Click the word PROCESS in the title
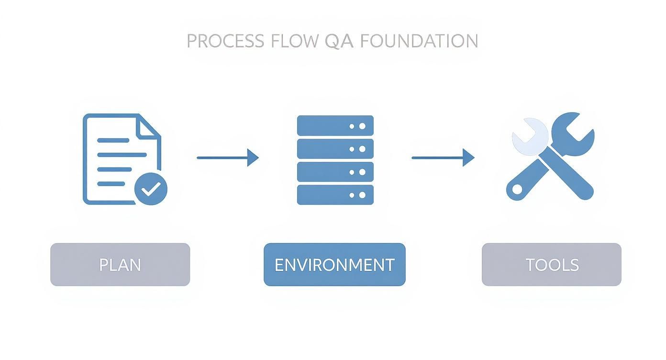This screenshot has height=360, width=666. click(225, 41)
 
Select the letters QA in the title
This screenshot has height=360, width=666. click(339, 41)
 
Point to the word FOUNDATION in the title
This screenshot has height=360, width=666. click(419, 41)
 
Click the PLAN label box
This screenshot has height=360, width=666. click(120, 265)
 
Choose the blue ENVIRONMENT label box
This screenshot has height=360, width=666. click(334, 265)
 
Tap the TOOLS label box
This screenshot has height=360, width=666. click(552, 265)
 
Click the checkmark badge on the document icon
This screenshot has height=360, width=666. click(151, 189)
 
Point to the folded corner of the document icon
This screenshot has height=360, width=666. click(149, 127)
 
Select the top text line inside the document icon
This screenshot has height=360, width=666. click(113, 141)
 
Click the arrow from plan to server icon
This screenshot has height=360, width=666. click(227, 157)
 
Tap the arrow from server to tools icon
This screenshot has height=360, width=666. click(443, 157)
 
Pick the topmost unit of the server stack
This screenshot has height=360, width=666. click(335, 126)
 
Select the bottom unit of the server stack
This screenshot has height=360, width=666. click(335, 195)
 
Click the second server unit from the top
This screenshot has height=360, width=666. click(335, 149)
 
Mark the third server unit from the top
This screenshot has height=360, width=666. click(335, 172)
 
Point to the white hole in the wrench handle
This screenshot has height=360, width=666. click(517, 190)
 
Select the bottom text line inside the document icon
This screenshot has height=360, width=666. click(111, 184)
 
